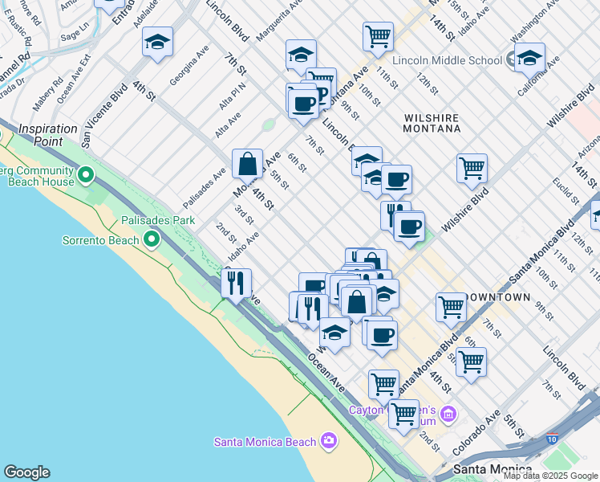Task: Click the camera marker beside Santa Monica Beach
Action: pyautogui.click(x=327, y=440)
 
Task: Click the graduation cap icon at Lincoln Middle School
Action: pyautogui.click(x=529, y=58)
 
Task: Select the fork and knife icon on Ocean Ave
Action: pyautogui.click(x=236, y=283)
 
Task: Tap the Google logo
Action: pyautogui.click(x=26, y=472)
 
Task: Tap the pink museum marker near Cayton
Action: pyautogui.click(x=448, y=414)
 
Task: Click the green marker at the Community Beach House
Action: pyautogui.click(x=86, y=174)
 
